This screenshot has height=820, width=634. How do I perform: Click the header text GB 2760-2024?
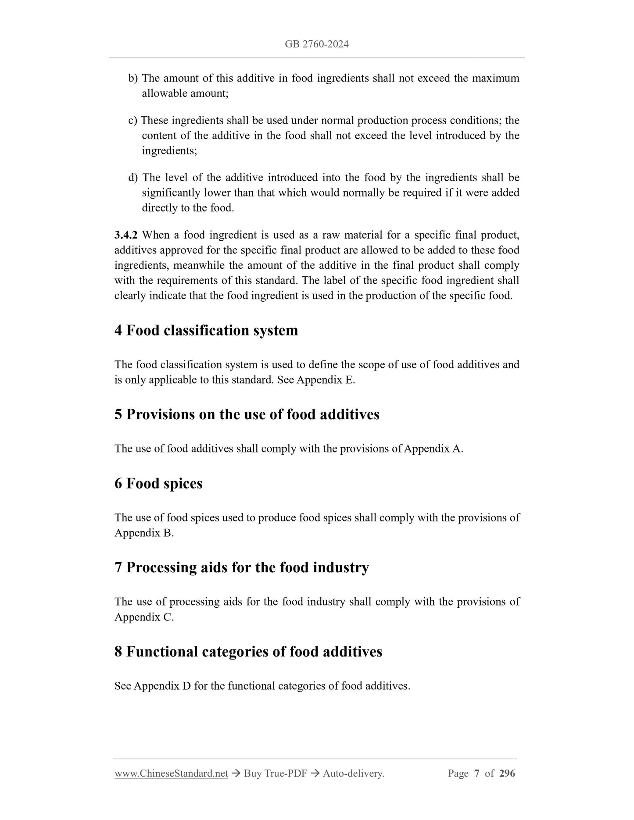316,44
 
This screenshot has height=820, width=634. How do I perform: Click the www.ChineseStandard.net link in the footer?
171,773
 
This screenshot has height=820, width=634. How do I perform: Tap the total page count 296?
507,773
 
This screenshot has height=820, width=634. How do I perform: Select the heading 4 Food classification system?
206,330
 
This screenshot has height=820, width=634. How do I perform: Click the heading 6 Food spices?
158,483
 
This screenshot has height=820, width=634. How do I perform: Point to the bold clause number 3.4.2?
126,235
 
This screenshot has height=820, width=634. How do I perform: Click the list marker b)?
133,78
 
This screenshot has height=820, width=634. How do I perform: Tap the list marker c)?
133,120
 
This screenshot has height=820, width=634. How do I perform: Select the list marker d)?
133,178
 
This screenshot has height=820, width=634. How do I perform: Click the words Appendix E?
326,380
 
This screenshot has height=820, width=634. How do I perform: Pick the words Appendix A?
433,449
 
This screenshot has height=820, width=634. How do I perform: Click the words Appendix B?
144,533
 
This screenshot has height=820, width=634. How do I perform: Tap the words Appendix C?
144,617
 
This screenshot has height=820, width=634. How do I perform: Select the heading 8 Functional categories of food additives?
248,652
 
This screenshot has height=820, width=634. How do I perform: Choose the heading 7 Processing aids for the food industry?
242,567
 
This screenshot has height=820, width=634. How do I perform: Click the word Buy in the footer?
253,773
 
